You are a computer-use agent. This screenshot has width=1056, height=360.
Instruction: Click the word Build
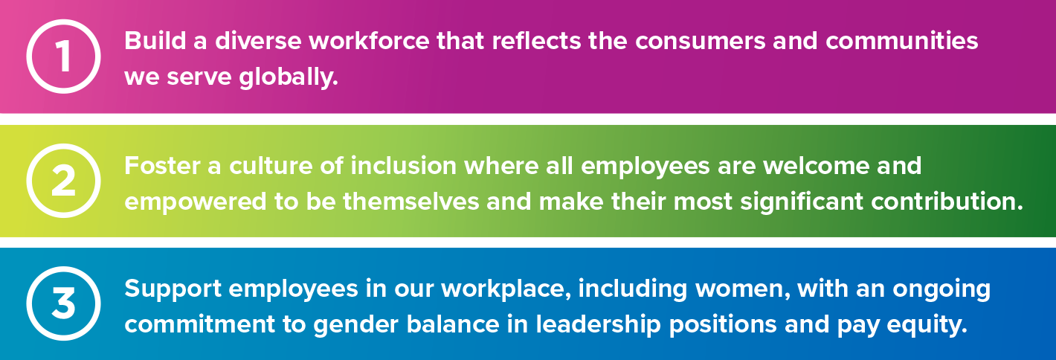[155, 41]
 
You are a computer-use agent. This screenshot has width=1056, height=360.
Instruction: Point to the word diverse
[258, 41]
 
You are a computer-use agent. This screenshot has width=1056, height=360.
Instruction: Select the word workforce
[369, 41]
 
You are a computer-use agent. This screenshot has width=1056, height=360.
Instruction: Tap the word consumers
[700, 41]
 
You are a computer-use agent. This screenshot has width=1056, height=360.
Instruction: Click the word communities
[902, 41]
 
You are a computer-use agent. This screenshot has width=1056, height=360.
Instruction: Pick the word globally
[289, 77]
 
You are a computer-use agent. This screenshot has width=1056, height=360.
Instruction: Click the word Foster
[163, 166]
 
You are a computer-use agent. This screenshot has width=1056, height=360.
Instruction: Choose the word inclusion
[404, 166]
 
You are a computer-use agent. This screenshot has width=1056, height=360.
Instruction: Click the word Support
[173, 289]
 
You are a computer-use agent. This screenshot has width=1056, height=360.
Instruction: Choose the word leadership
[599, 324]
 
